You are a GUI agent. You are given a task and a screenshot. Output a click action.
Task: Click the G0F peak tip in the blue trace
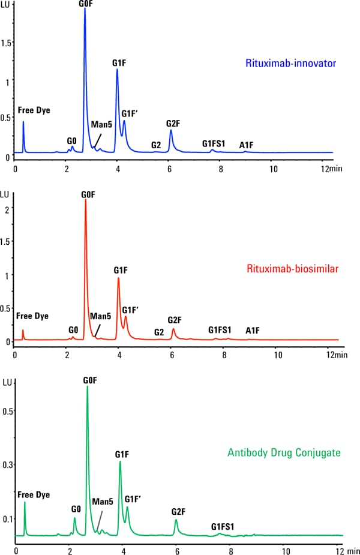(x=85, y=9)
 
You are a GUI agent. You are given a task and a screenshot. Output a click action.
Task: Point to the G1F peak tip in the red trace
(x=118, y=278)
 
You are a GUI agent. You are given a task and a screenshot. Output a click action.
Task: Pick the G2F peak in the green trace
(x=176, y=520)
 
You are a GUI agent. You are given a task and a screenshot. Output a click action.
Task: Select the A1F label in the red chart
(x=253, y=330)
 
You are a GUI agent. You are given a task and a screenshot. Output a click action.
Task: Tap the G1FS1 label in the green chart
(x=223, y=527)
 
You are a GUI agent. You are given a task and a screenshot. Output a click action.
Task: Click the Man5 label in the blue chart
(x=100, y=125)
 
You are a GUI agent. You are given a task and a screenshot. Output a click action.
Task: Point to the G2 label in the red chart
(x=159, y=332)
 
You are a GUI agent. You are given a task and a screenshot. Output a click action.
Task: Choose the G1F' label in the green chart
(x=133, y=499)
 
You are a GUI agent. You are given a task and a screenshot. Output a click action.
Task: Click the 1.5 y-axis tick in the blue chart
(x=7, y=43)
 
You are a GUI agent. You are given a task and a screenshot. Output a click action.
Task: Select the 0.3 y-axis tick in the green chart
(x=7, y=464)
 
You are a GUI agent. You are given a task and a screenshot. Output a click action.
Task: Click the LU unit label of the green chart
(x=8, y=382)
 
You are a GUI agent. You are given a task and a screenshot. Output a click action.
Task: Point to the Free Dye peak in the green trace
(x=25, y=502)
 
